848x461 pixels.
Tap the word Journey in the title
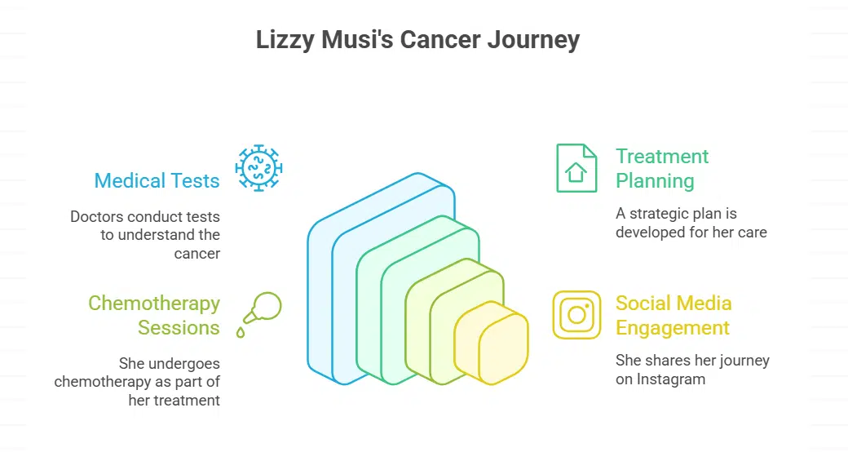533,40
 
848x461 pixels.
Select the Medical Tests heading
157,180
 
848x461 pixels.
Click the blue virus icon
258,168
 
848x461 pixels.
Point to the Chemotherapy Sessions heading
154,315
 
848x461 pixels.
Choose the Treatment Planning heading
661,168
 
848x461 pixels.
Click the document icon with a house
576,168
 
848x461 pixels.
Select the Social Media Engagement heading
672,315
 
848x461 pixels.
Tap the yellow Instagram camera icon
576,315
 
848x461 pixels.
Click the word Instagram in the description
671,379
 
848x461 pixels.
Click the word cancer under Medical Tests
197,254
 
